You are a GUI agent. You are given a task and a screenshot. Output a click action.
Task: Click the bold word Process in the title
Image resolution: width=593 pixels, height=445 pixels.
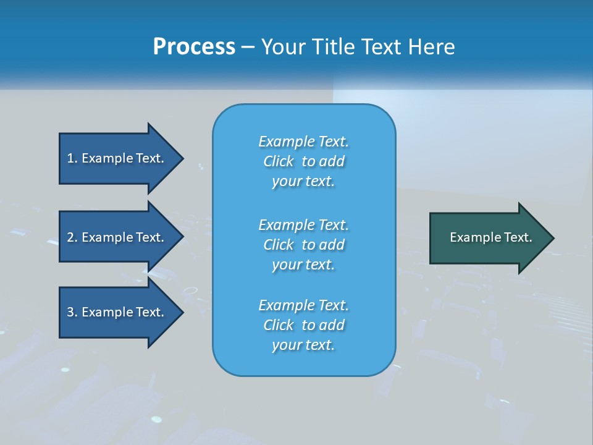(194, 47)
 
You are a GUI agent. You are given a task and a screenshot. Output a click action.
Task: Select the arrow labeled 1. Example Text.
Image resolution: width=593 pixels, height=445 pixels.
(117, 158)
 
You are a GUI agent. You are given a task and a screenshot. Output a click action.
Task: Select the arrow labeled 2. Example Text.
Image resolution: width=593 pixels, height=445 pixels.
(117, 237)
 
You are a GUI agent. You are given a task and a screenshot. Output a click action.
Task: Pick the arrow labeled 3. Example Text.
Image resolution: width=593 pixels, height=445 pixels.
(117, 312)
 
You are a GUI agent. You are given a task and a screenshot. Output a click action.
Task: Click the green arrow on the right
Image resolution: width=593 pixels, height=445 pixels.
(488, 237)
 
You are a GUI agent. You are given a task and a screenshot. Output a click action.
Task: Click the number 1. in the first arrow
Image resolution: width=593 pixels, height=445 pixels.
(72, 158)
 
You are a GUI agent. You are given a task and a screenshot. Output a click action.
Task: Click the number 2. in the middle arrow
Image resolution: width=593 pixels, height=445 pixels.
(72, 237)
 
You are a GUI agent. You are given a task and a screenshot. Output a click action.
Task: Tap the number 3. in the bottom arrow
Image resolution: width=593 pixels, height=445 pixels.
(72, 312)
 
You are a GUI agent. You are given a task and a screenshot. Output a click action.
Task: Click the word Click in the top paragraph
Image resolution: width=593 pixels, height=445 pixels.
(279, 161)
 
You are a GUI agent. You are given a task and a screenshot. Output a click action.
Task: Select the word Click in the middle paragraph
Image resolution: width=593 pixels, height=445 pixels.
(279, 245)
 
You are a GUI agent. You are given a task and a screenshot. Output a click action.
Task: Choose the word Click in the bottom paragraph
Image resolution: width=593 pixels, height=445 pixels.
(279, 325)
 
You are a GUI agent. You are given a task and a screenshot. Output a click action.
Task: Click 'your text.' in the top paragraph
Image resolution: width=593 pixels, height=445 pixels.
(303, 182)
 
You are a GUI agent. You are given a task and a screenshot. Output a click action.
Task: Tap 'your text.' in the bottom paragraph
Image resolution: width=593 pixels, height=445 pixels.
(303, 345)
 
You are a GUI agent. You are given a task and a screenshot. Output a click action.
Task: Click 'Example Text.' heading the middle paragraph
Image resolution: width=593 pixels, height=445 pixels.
(303, 224)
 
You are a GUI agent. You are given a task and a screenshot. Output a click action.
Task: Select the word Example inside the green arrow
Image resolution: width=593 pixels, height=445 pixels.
(471, 237)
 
